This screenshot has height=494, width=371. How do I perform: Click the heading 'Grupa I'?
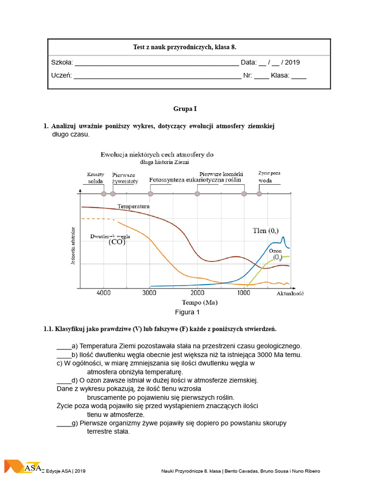coord(185,109)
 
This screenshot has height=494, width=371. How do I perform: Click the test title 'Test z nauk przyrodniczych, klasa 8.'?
coord(185,47)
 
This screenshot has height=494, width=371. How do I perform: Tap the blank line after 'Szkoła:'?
coord(157,63)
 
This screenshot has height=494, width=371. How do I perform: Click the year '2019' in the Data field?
coord(292,63)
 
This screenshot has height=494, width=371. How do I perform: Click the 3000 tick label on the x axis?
coord(150,293)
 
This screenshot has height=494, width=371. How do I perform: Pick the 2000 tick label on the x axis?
coord(197,293)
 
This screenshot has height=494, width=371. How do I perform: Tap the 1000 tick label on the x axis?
coord(243,293)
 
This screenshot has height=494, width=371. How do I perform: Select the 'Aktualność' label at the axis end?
coord(290,293)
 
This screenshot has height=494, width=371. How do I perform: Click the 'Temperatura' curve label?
coord(133,206)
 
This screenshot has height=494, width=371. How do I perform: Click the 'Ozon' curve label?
coord(275,251)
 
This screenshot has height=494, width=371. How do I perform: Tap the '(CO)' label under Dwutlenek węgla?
coord(116,242)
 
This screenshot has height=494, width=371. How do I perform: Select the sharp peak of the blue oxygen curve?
coord(283,237)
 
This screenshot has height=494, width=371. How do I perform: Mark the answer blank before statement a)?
coord(64,346)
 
